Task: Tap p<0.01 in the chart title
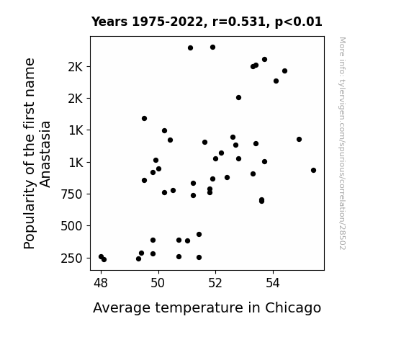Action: tap(298, 22)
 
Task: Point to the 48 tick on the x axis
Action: tap(101, 283)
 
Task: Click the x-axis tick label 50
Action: tap(158, 283)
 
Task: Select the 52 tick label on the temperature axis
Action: tap(215, 283)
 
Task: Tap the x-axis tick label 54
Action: tap(273, 283)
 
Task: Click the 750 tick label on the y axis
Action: tap(71, 194)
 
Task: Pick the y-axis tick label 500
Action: tap(71, 226)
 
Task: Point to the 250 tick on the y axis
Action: tap(71, 258)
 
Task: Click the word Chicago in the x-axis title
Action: tap(293, 308)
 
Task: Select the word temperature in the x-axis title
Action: tap(199, 308)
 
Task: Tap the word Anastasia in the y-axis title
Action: tap(45, 154)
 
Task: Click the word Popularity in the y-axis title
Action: tap(29, 213)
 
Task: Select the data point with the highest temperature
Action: tap(313, 171)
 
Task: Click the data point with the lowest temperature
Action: tap(101, 257)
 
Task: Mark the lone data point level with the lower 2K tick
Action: tap(238, 98)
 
